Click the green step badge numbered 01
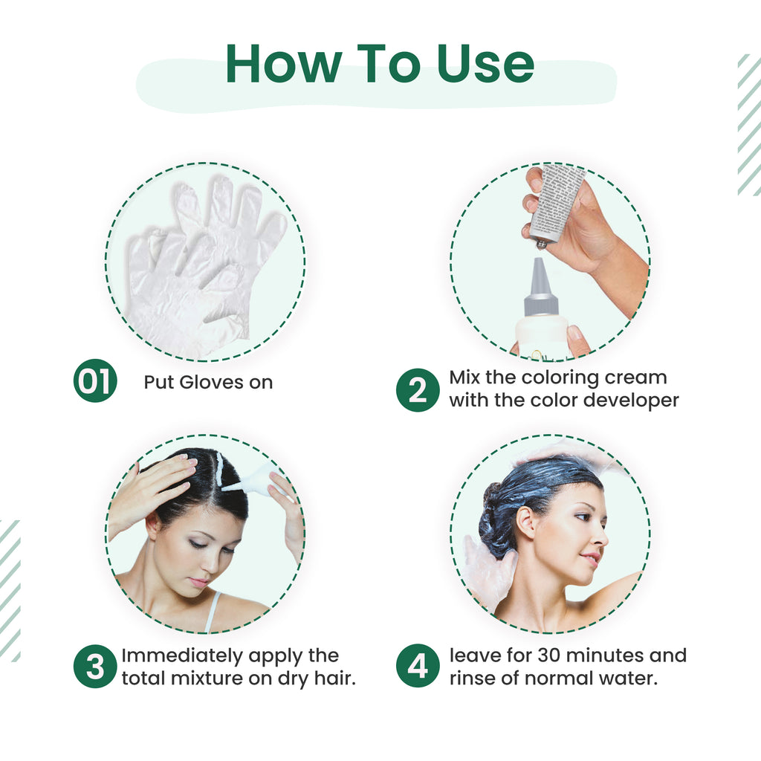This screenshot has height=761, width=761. (95, 381)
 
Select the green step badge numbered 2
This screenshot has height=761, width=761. (418, 390)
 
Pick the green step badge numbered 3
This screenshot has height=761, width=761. (95, 667)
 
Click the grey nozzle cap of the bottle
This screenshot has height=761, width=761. (540, 287)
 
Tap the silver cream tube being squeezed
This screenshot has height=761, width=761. (555, 201)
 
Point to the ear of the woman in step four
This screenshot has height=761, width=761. (526, 522)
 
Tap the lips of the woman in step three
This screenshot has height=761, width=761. (198, 582)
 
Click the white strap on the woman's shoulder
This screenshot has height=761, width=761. (213, 610)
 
